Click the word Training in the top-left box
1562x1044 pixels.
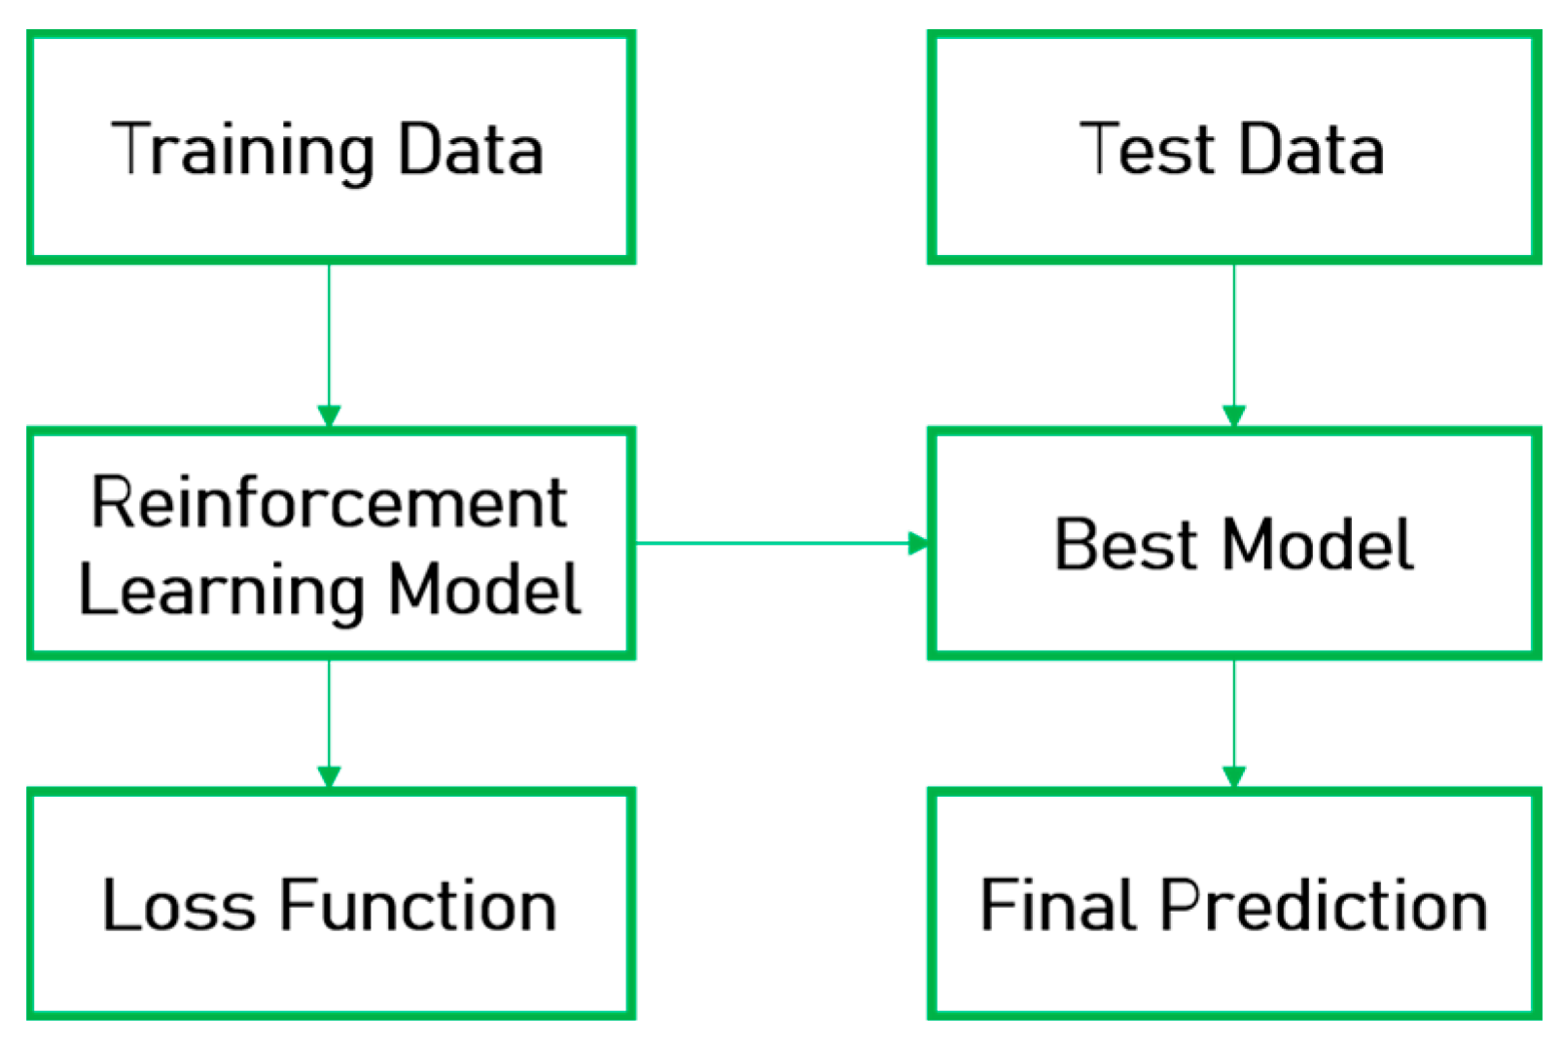coord(242,151)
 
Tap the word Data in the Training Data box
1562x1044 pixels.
coord(471,151)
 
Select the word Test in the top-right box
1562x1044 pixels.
coord(1148,150)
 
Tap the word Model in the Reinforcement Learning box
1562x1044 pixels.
coord(484,590)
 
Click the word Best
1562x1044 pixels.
coord(1125,544)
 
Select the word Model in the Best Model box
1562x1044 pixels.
coord(1317,544)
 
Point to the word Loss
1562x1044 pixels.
coord(179,906)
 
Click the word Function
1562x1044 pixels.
coord(418,906)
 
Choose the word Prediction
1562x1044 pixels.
coord(1324,906)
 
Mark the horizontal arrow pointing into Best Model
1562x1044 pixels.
coord(778,543)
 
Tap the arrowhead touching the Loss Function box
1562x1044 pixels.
coord(329,776)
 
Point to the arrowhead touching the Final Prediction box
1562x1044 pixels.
coord(1233,776)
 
